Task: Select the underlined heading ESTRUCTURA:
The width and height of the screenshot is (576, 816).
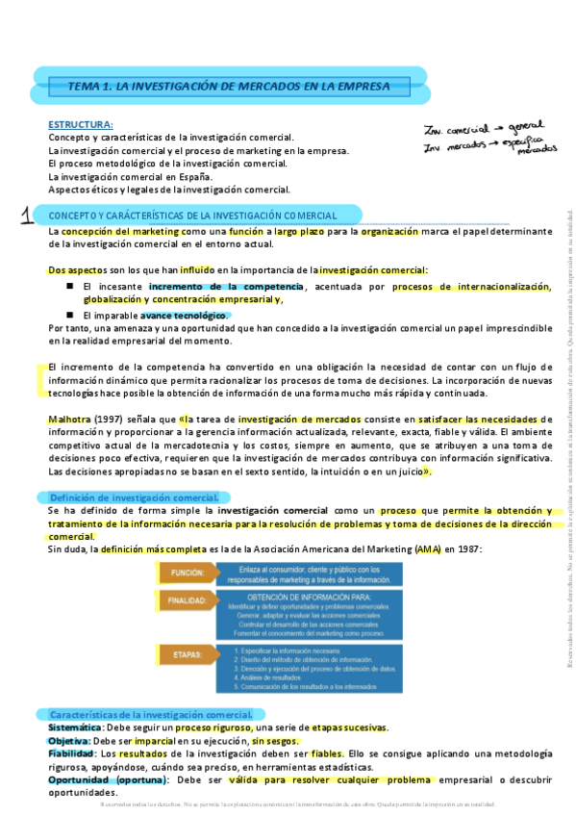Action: point(81,124)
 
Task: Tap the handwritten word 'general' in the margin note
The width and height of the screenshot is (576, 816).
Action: point(525,126)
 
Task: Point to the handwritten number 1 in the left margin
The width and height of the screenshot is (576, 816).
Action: point(25,216)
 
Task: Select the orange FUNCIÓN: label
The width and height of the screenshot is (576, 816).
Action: point(187,573)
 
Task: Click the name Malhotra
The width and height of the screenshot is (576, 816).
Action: point(68,420)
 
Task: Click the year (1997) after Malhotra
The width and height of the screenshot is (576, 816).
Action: point(111,420)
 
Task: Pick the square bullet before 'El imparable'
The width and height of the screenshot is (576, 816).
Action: point(70,314)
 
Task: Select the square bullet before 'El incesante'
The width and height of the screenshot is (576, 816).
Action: point(70,287)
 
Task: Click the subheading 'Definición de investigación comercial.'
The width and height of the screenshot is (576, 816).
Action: point(136,497)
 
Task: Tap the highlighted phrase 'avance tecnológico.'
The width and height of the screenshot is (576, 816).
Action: point(185,315)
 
